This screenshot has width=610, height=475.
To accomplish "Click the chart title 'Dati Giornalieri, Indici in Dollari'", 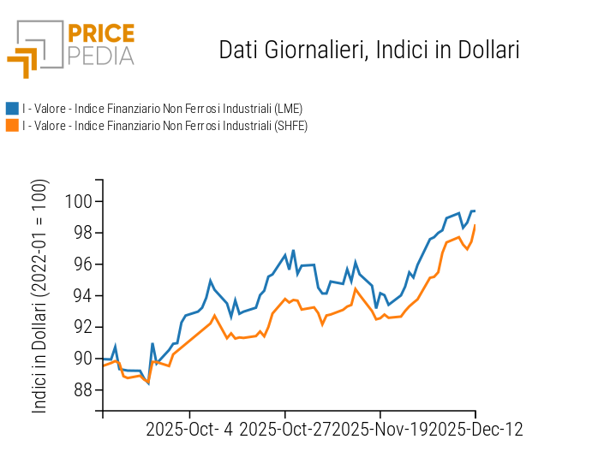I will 369,50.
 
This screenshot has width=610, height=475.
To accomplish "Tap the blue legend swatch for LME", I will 12,109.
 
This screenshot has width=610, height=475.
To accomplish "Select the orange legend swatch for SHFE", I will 12,126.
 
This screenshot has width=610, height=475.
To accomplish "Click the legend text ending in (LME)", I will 162,109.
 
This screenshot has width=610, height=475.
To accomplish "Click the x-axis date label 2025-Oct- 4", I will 189,429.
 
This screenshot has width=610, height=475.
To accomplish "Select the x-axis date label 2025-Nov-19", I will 381,429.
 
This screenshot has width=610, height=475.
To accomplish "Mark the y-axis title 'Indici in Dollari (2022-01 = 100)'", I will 40,296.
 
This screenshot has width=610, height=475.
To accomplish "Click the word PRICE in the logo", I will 101,34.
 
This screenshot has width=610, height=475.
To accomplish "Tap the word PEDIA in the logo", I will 101,56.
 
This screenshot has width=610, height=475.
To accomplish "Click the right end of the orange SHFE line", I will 475,226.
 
